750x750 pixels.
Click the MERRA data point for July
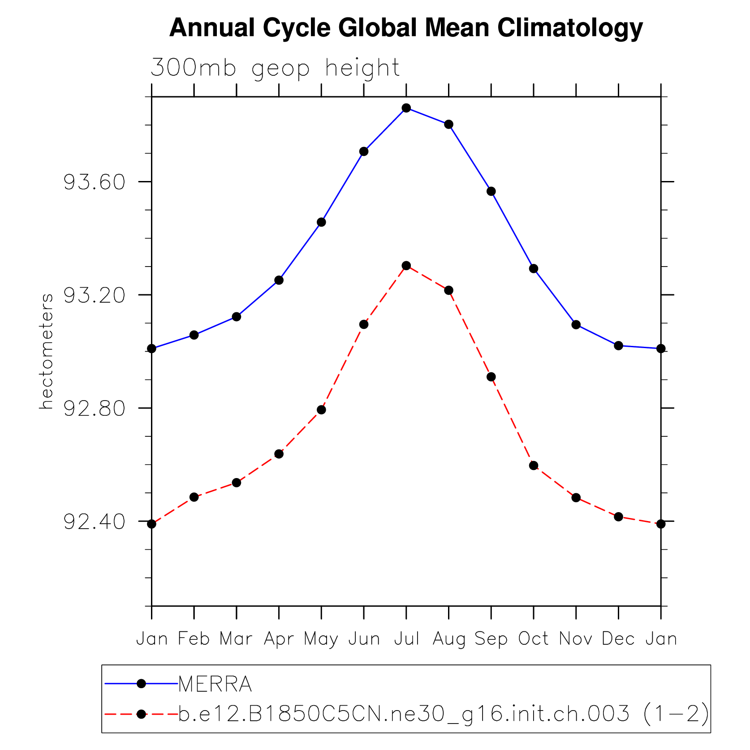[406, 108]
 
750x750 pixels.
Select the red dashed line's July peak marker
[406, 266]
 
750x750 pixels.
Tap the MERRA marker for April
[279, 280]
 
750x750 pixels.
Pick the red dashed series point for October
[533, 466]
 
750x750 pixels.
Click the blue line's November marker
[576, 324]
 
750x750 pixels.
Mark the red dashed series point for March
[237, 483]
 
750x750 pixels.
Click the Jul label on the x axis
[406, 639]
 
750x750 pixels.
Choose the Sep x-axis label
[491, 639]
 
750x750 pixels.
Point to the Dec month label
[618, 639]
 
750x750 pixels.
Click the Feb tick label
[194, 639]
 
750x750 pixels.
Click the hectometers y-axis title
[47, 352]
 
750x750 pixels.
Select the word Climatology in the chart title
[569, 28]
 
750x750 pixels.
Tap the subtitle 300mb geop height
[275, 68]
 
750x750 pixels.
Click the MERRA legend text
[215, 684]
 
